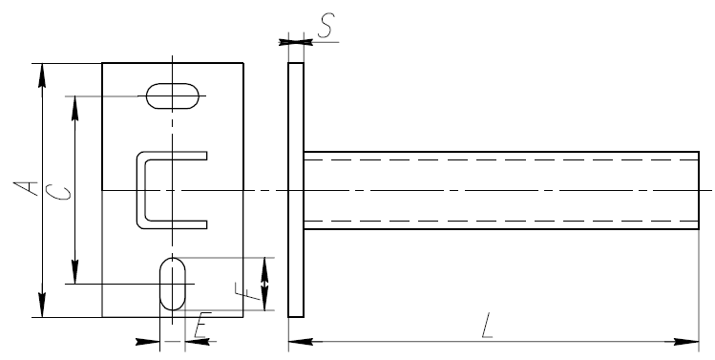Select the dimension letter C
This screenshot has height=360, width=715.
click(59, 192)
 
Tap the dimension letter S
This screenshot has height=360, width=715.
click(326, 25)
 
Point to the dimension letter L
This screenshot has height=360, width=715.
click(488, 326)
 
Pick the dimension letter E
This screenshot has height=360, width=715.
click(202, 325)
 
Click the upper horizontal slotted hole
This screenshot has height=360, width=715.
click(173, 95)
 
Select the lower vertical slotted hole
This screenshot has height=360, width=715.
click(173, 284)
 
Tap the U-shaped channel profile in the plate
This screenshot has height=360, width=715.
click(141, 190)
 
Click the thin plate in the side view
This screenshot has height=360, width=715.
click(296, 190)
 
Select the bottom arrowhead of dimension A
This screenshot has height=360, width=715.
click(42, 305)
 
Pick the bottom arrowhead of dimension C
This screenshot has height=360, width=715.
click(75, 271)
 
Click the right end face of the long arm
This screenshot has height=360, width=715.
click(699, 190)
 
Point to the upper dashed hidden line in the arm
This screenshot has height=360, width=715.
click(501, 160)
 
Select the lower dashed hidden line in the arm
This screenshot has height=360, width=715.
click(501, 221)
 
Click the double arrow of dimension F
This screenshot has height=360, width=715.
click(265, 284)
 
